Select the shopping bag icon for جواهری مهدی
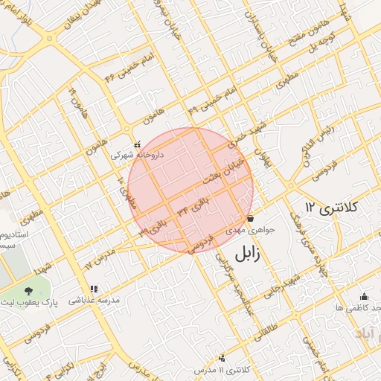pos(250,219)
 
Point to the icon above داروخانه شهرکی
pos(136,145)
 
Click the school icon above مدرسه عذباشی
pos(94,289)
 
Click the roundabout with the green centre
pos(49,39)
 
